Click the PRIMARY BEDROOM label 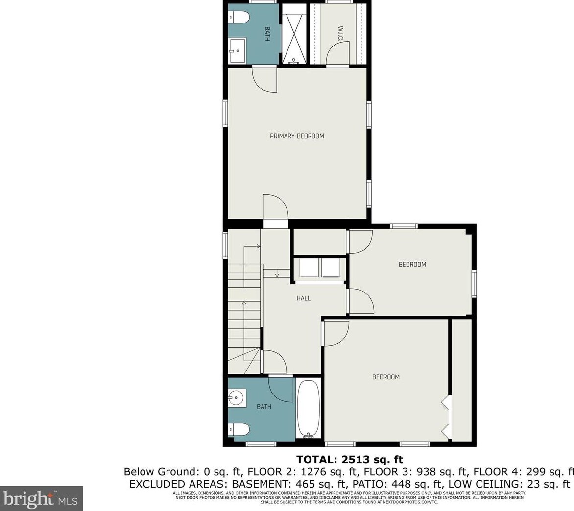[297, 136]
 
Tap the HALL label [304, 298]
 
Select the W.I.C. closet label [340, 33]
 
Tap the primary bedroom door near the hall [275, 208]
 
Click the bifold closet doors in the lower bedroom [446, 416]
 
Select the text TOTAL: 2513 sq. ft [349, 459]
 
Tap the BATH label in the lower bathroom [264, 407]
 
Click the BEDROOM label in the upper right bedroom [412, 264]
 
